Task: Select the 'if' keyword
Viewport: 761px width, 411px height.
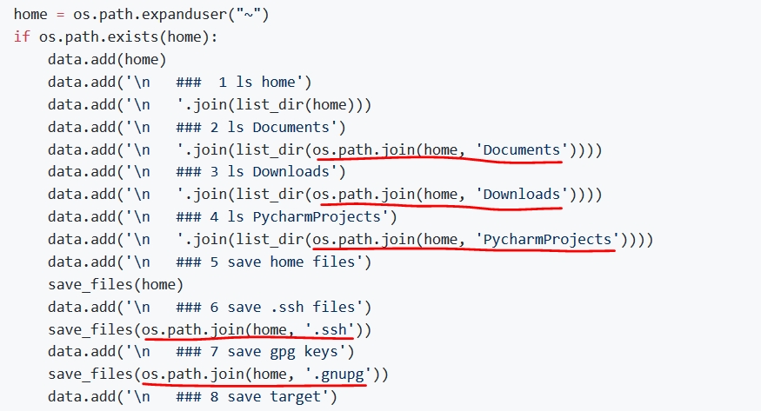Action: click(21, 37)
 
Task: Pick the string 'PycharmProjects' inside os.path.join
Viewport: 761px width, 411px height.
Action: click(548, 239)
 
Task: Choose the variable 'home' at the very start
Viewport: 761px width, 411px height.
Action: click(30, 15)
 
